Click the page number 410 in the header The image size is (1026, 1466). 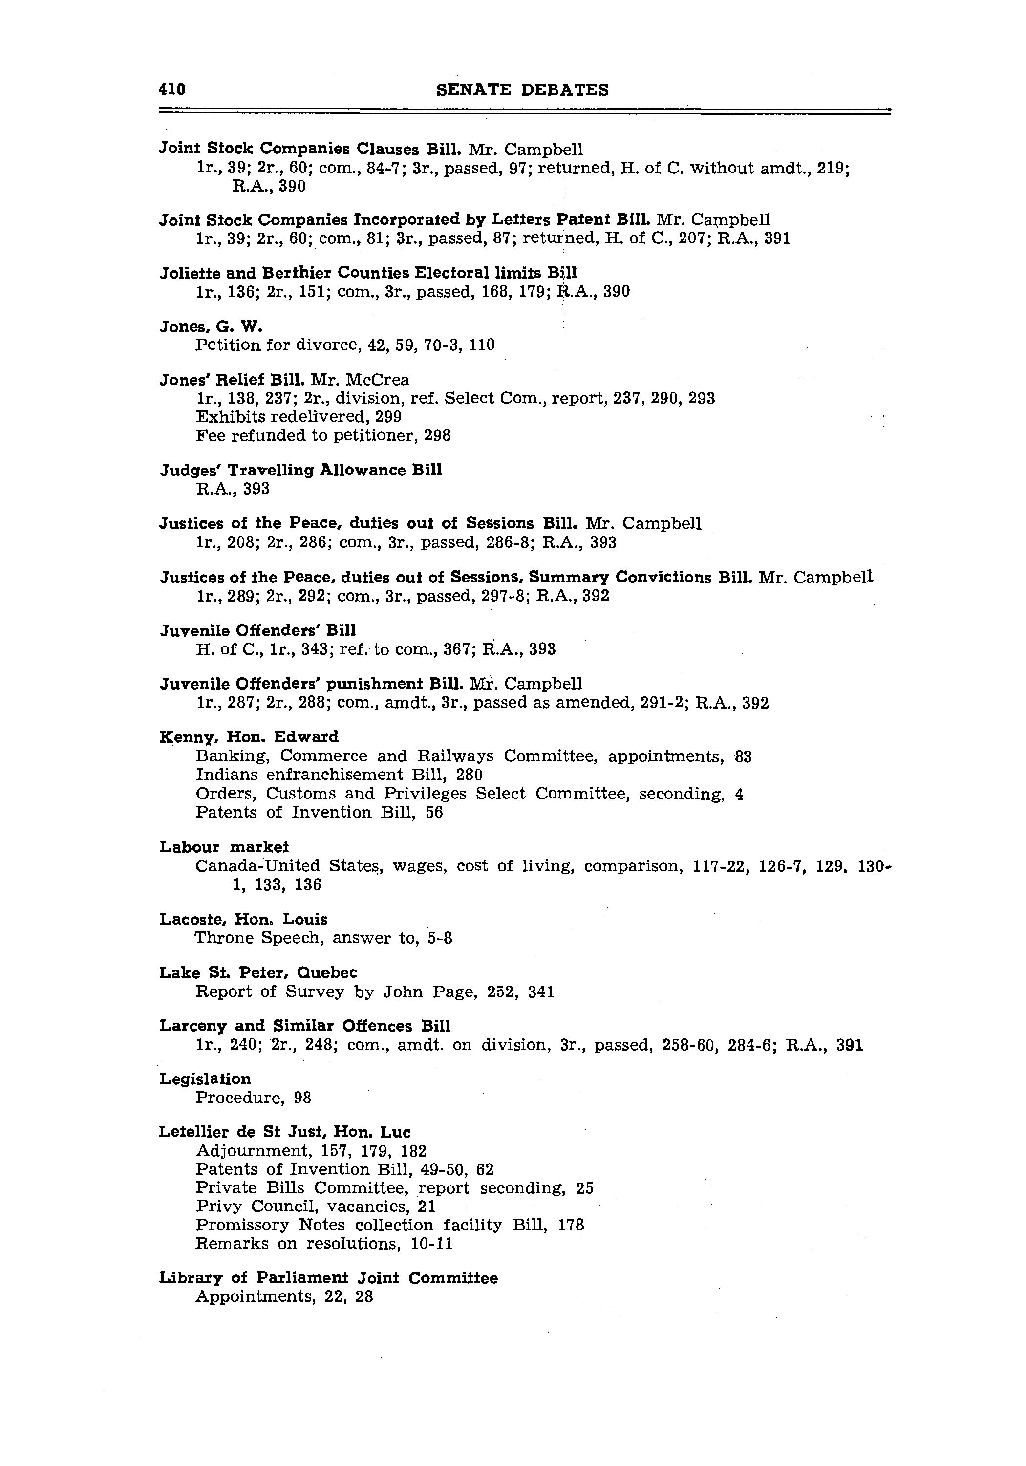[x=172, y=89]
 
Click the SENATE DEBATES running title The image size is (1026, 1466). [x=522, y=90]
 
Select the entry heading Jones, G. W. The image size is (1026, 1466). [x=211, y=327]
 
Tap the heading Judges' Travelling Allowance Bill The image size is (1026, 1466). [x=300, y=471]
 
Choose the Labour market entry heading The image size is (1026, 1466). [x=224, y=847]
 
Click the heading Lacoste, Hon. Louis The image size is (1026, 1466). [x=243, y=920]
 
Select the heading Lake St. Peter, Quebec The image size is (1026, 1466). [x=258, y=972]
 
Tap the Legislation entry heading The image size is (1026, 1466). [x=205, y=1079]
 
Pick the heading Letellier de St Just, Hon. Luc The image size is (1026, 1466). [x=285, y=1132]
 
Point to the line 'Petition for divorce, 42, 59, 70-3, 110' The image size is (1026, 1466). [x=345, y=345]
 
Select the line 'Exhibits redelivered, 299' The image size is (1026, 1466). [x=298, y=417]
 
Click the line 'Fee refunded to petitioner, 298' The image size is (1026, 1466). [x=323, y=435]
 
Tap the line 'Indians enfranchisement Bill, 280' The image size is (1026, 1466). [x=339, y=775]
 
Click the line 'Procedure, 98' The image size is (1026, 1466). [x=253, y=1098]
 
